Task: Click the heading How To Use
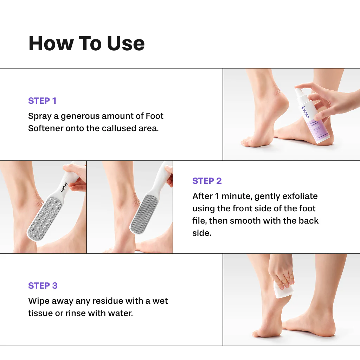(x=86, y=43)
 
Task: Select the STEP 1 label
(x=42, y=101)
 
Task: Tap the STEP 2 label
(x=207, y=181)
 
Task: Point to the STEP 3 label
(x=43, y=285)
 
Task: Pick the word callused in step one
(x=118, y=128)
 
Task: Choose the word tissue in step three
(x=39, y=313)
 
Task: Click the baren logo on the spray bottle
(x=304, y=111)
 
